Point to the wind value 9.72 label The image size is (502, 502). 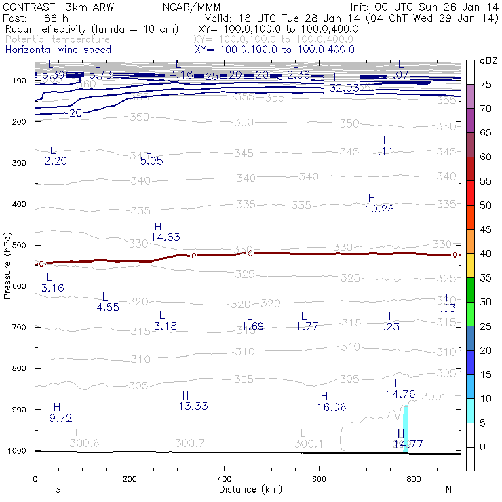(x=61, y=418)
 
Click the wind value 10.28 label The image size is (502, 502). (x=379, y=209)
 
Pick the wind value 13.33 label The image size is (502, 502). (x=193, y=406)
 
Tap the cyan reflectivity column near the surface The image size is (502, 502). (x=406, y=427)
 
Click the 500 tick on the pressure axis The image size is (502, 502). (x=18, y=245)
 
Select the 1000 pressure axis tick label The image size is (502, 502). (x=16, y=450)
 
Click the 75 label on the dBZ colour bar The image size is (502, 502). (x=486, y=85)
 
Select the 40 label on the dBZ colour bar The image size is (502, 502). (x=486, y=254)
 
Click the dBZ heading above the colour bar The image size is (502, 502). (x=488, y=60)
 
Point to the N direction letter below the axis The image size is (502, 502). (x=448, y=489)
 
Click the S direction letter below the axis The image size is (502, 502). (x=58, y=489)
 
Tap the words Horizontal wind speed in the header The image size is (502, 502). (x=58, y=50)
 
